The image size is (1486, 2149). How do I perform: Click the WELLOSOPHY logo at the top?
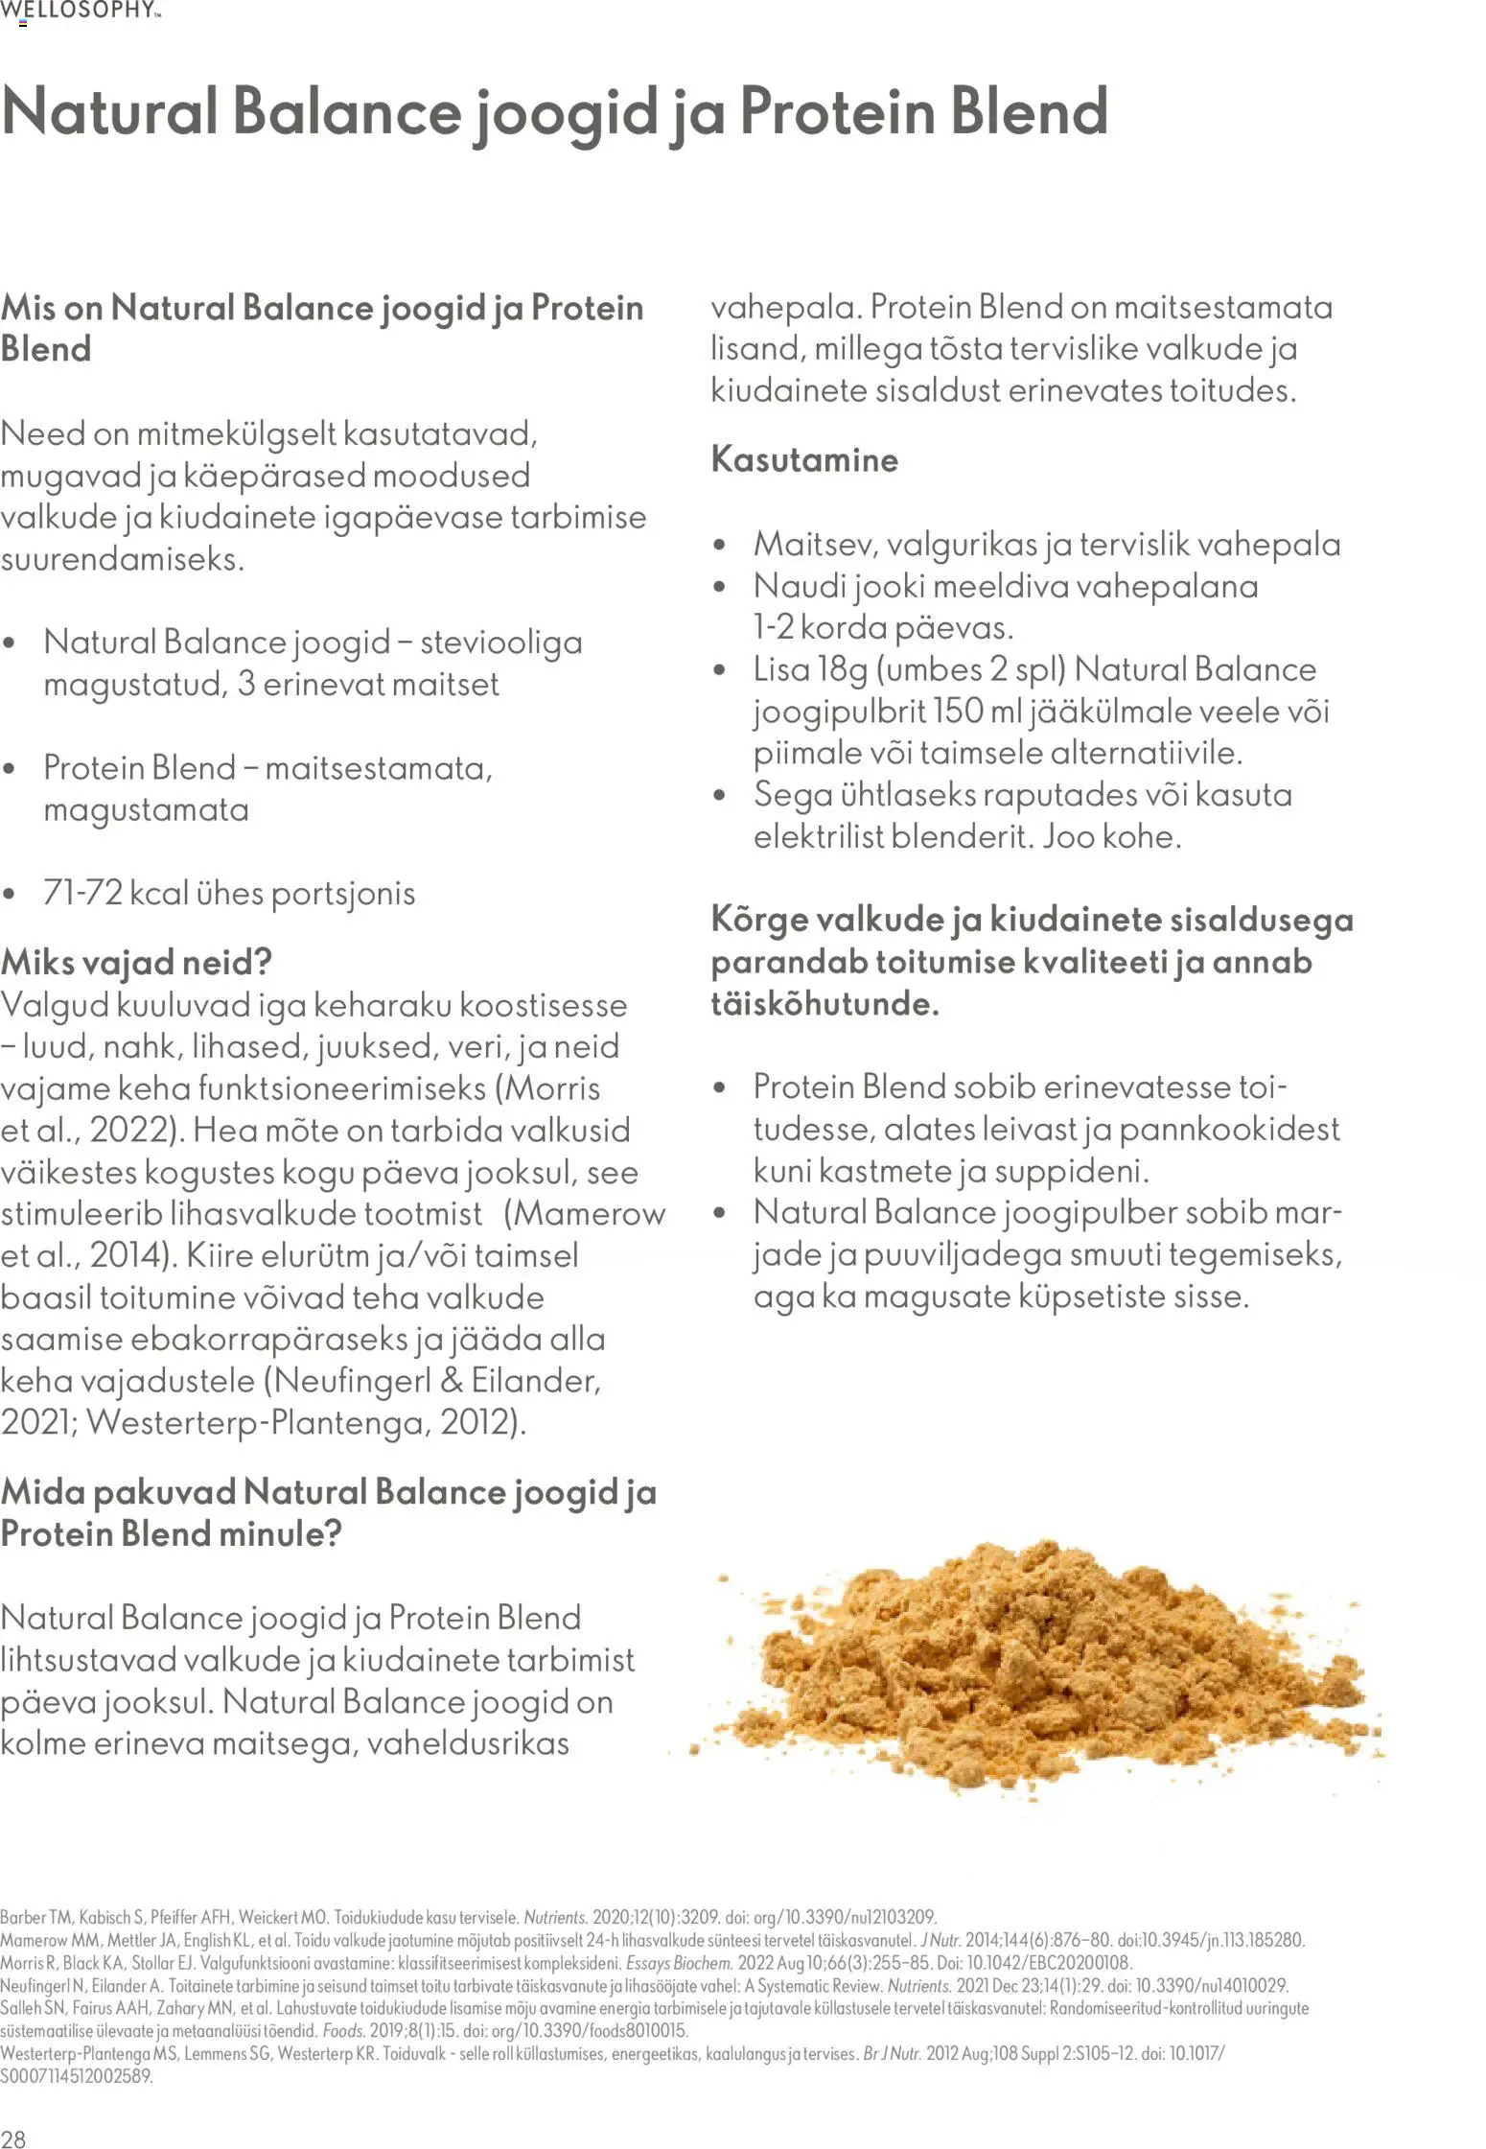[81, 11]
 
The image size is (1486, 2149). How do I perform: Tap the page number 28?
[13, 2138]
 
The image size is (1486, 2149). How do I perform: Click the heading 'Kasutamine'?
[804, 459]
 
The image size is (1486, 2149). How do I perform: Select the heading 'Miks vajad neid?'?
[136, 962]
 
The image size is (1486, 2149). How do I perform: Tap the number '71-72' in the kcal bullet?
[81, 893]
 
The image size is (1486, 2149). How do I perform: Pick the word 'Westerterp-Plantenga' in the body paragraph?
[254, 1421]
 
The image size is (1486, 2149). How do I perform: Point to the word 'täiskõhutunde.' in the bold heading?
[824, 1004]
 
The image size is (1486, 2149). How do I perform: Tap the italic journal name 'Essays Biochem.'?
[679, 1963]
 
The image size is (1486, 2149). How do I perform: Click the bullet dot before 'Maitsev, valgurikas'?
[720, 545]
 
